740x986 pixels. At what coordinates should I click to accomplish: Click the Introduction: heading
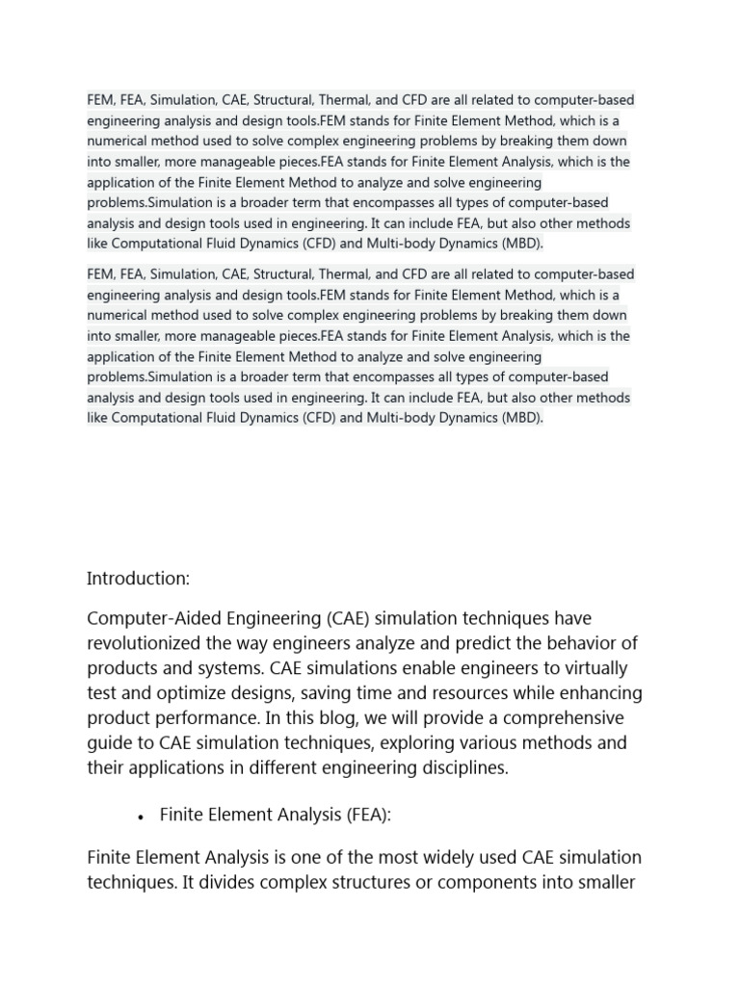139,579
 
